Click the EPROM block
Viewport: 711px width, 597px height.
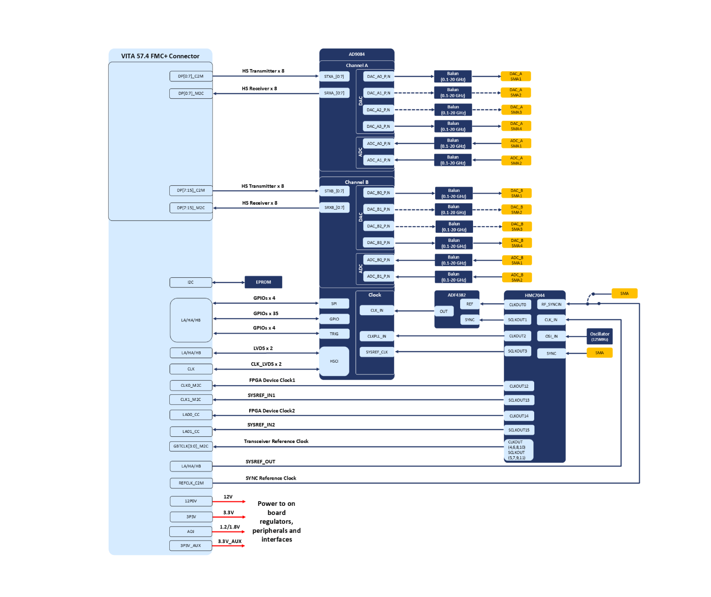tap(263, 282)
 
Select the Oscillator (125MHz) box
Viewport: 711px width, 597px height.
tap(600, 336)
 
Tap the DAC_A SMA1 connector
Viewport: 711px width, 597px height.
tap(516, 76)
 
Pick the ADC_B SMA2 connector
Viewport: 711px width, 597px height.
tap(517, 277)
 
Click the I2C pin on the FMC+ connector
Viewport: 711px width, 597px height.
tap(191, 282)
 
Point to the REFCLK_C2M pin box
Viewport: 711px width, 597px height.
tap(191, 483)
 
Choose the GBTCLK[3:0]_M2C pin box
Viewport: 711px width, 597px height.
tap(191, 446)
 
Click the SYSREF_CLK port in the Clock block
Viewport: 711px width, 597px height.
tap(377, 352)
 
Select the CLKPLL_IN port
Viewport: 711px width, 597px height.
tap(377, 336)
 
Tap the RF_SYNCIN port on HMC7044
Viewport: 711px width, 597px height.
tap(551, 304)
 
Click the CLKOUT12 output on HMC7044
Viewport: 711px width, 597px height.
tap(519, 386)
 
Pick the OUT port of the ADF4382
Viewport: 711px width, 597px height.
tap(444, 311)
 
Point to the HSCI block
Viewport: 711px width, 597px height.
tap(334, 361)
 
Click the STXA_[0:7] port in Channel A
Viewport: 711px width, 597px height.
tap(334, 77)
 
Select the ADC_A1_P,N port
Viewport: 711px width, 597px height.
tap(379, 160)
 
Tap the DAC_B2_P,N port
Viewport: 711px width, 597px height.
tap(379, 226)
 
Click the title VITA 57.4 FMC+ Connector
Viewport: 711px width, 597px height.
tap(160, 56)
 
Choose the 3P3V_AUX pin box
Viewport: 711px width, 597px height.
tap(191, 545)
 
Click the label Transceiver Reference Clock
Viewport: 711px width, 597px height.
tap(276, 441)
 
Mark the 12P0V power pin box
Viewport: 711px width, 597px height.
tap(191, 501)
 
